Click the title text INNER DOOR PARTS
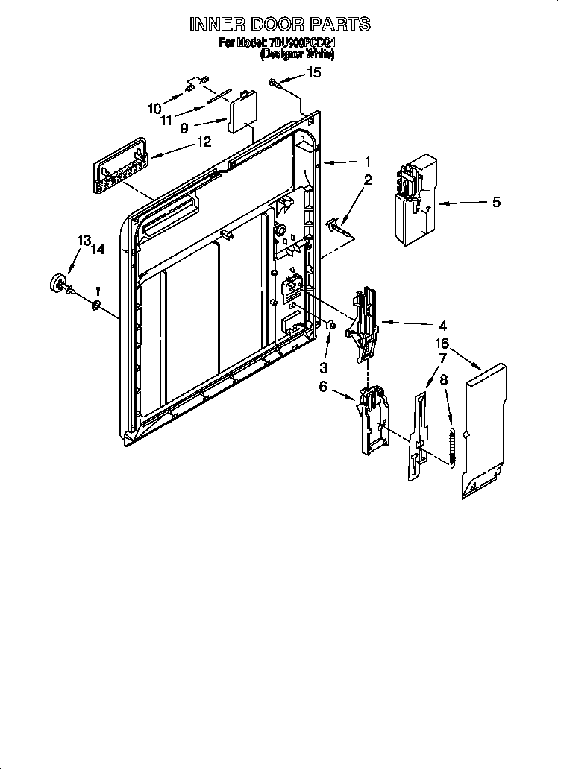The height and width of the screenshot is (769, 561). click(280, 25)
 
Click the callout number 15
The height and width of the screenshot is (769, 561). click(314, 72)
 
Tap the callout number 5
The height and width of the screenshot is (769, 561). click(496, 202)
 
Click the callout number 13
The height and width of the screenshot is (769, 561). click(84, 240)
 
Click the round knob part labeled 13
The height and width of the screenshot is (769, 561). click(58, 284)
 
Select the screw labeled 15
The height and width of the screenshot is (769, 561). click(277, 83)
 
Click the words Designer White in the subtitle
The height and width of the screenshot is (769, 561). click(297, 55)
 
